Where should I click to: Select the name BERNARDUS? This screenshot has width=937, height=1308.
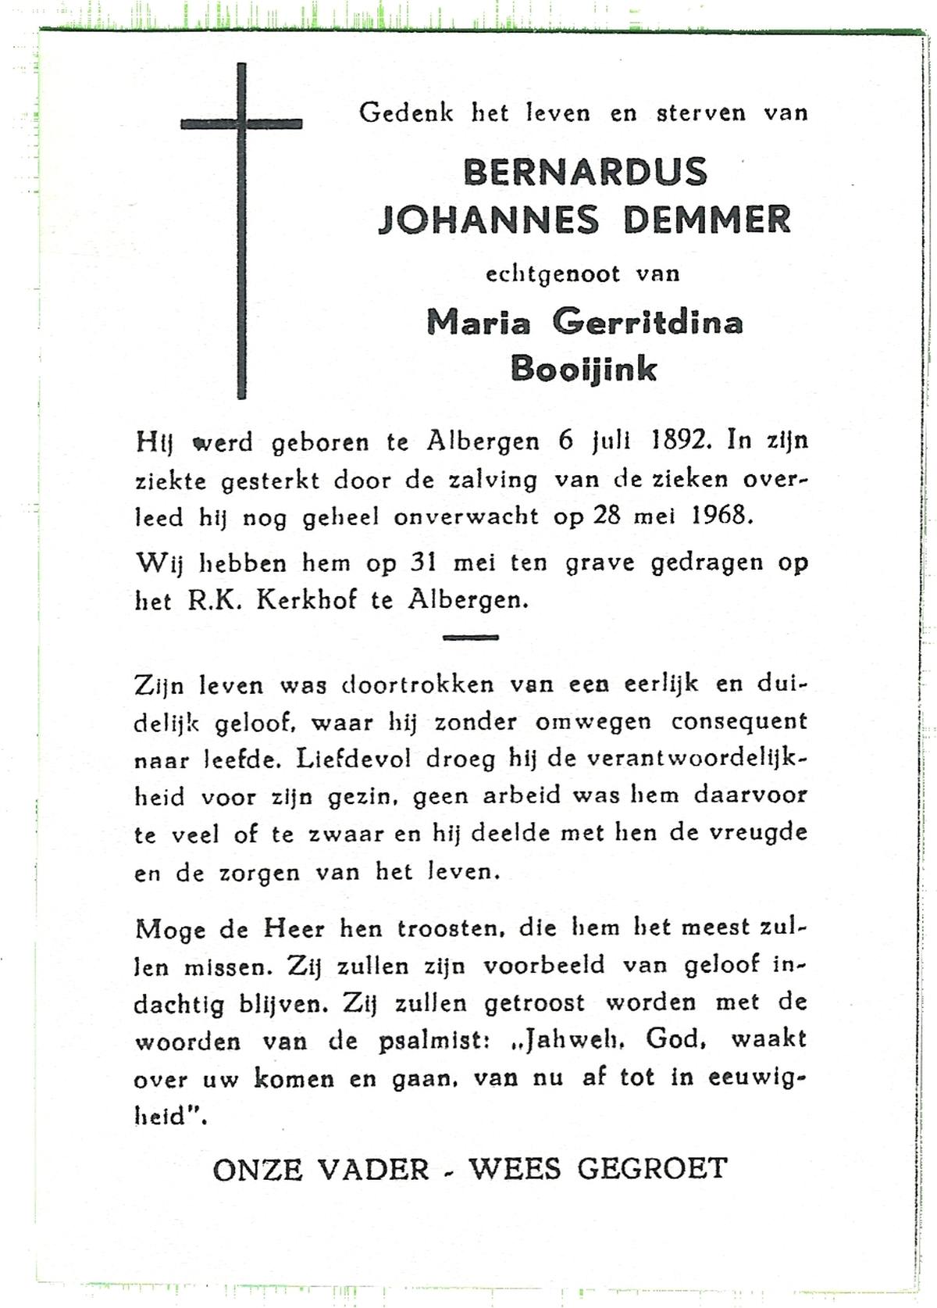585,171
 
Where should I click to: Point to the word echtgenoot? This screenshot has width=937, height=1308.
553,274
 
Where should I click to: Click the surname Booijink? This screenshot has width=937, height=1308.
584,368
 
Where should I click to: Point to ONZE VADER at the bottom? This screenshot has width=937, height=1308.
321,1170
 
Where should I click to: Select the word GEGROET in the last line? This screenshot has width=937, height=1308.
653,1170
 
